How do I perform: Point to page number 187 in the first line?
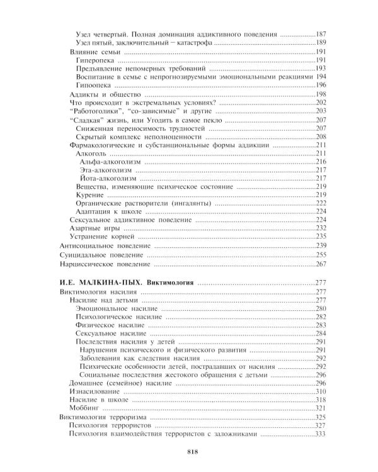pos(322,33)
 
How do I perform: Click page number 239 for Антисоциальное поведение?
pos(322,245)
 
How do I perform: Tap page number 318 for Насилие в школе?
pos(322,400)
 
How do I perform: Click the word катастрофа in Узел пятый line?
pos(190,42)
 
